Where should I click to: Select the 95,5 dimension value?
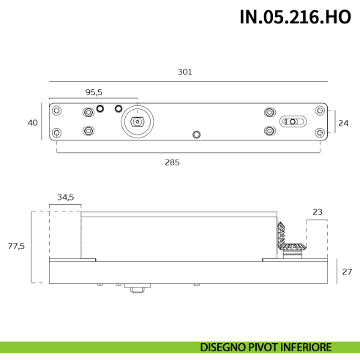pos(94,92)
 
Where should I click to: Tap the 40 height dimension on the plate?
pos(32,123)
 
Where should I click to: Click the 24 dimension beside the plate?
pos(344,123)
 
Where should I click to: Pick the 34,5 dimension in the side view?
pos(66,197)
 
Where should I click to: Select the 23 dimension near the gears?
pos(317,212)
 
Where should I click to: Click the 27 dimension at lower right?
pos(347,271)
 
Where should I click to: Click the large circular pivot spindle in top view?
pos(136,121)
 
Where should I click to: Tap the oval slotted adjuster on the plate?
pos(291,121)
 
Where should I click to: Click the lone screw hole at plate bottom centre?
pos(195,135)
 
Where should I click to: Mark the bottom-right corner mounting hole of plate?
pos(319,132)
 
